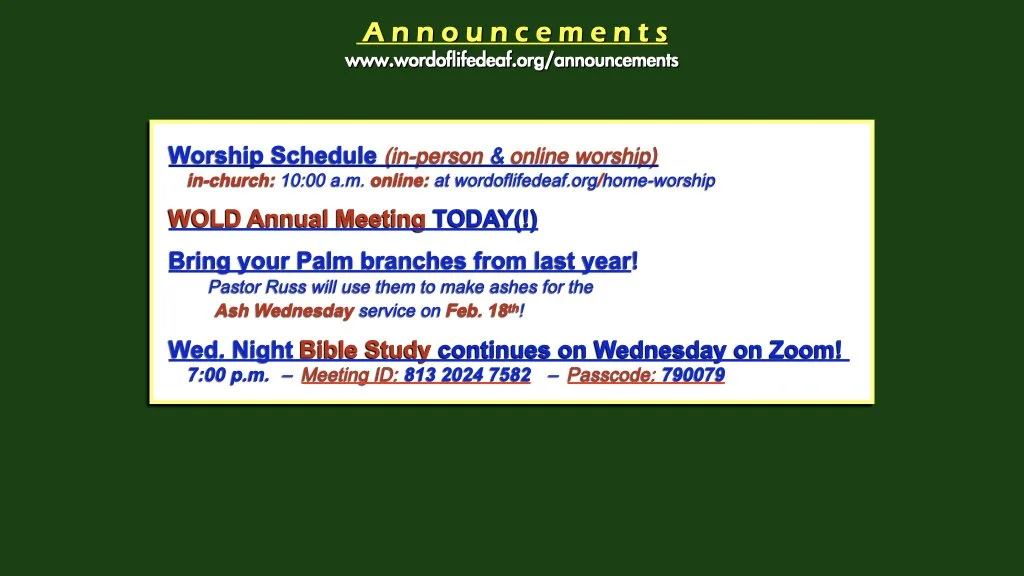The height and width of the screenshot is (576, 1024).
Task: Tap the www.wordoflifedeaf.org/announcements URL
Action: point(511,60)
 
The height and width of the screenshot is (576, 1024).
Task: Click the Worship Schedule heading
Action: point(272,156)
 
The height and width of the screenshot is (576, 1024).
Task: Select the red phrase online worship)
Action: point(584,156)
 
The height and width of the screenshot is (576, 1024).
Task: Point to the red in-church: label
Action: point(231,181)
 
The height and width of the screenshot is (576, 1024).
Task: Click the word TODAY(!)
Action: point(485,219)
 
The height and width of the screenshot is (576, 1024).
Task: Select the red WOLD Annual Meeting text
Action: point(296,219)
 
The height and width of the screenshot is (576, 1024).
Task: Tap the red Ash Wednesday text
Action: point(284,311)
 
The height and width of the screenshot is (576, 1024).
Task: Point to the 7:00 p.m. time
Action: point(228,376)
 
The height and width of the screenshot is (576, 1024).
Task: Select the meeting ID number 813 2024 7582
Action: point(467,376)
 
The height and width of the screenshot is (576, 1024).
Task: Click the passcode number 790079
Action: point(693,376)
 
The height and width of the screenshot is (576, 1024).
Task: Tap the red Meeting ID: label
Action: point(350,376)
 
